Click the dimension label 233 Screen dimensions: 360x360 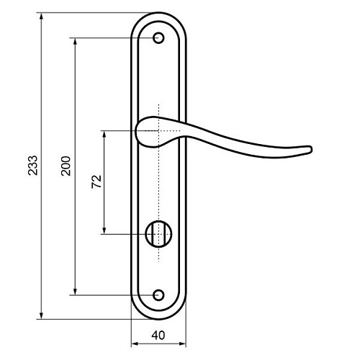point(33,166)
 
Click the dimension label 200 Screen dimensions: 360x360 point(66,166)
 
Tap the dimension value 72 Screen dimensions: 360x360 point(96,181)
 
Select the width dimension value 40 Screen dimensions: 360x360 point(158,336)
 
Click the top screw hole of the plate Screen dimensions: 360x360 point(158,38)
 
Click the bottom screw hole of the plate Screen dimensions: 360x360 point(158,295)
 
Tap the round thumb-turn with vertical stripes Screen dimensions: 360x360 point(158,234)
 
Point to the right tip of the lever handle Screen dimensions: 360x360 point(311,150)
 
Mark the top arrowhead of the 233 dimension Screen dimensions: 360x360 point(41,16)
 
